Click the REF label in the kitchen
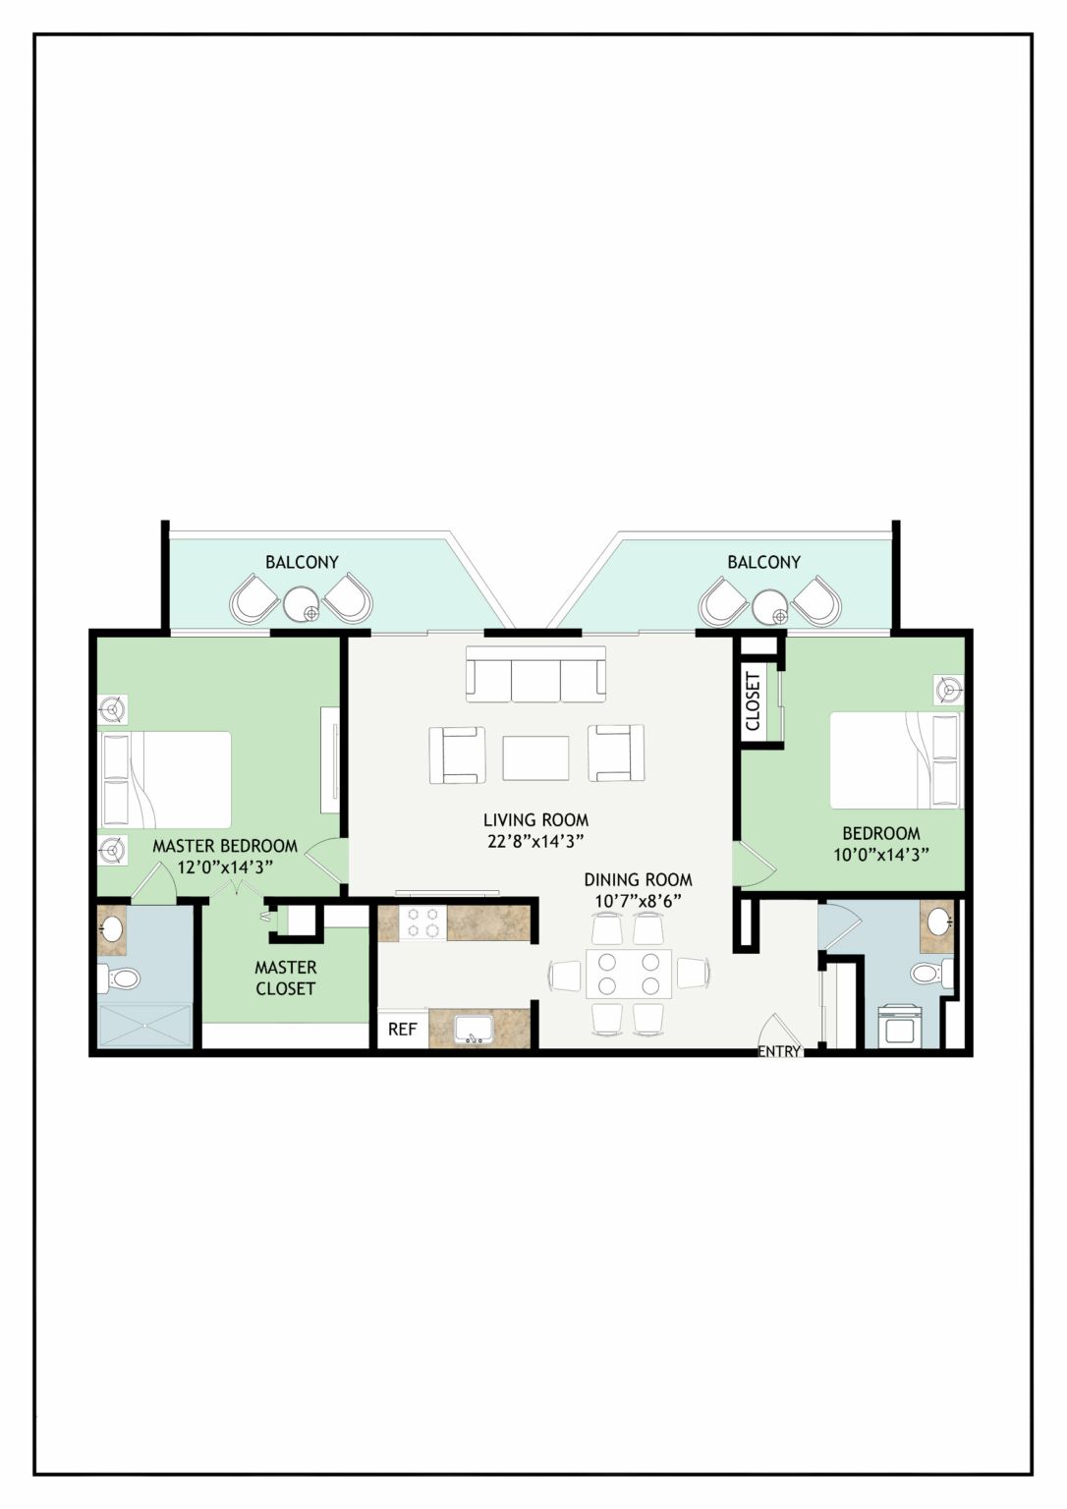pos(402,1029)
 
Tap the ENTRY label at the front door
pos(779,1051)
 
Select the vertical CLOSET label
pos(753,701)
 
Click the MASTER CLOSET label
pos(286,978)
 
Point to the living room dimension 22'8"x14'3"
pos(535,841)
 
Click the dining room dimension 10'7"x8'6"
pos(638,901)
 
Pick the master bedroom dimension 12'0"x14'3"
pos(225,866)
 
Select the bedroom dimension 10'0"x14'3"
pos(881,854)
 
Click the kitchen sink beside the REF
pos(475,1030)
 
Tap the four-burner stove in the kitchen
pos(423,923)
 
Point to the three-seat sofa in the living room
pos(535,674)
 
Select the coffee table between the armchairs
pos(535,757)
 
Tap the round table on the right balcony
pos(770,605)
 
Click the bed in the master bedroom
pos(166,779)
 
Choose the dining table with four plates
pos(629,974)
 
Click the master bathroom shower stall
pos(145,1026)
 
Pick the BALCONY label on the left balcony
pos(302,562)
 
